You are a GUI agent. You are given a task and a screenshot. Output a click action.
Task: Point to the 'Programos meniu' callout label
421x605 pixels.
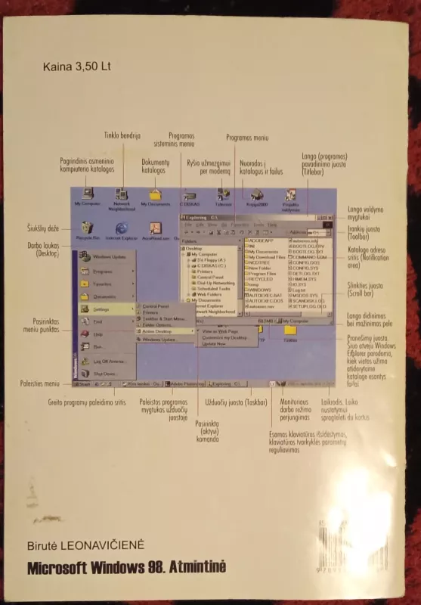point(247,137)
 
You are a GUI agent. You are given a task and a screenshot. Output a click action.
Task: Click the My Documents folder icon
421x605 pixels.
point(154,195)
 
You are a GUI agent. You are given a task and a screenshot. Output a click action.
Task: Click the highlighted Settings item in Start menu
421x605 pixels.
point(104,309)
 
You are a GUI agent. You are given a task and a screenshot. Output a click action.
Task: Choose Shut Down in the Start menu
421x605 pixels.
point(104,374)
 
